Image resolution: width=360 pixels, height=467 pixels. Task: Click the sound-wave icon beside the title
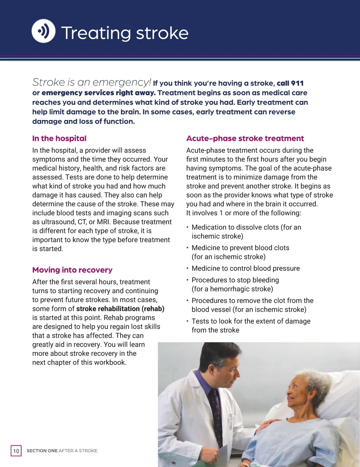click(x=43, y=31)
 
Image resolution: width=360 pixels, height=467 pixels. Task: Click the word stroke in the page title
click(x=162, y=33)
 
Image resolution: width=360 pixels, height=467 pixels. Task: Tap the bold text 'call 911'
click(x=290, y=83)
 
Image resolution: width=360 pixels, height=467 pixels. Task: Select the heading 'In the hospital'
click(x=59, y=138)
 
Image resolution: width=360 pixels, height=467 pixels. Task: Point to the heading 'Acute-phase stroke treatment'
click(x=245, y=138)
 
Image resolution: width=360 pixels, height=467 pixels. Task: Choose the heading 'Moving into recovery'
click(x=72, y=270)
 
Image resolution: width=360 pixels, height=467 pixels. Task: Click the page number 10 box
click(x=16, y=451)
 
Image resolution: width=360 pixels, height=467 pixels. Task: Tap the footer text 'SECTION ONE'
click(x=42, y=451)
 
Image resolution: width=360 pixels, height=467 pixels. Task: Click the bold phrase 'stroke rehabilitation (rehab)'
click(x=120, y=309)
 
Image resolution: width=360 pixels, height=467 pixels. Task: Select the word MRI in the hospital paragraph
click(x=103, y=222)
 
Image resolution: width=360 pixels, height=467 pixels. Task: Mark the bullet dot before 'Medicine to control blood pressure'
click(x=187, y=268)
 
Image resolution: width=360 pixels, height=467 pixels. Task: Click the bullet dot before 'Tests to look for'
click(x=187, y=321)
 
